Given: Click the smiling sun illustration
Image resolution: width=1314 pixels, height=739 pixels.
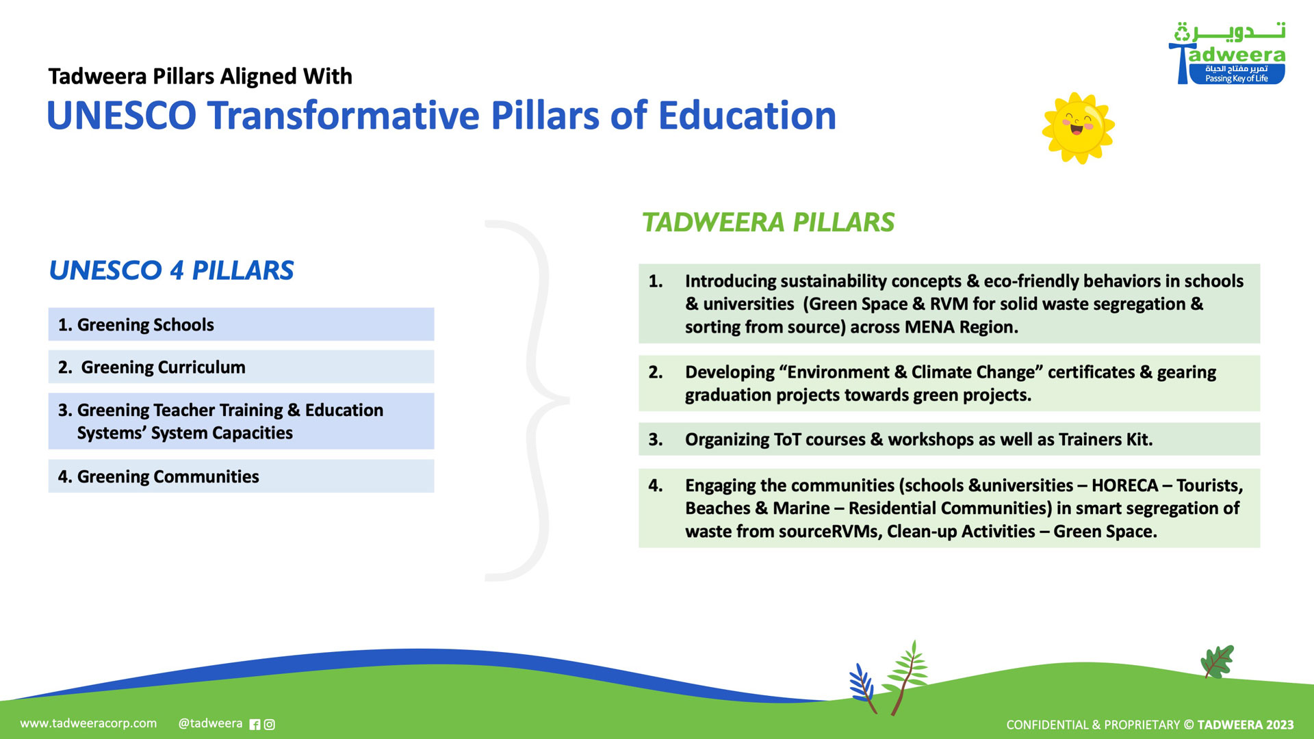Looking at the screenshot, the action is pos(1078,128).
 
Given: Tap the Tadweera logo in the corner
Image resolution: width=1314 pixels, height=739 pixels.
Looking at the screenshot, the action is pos(1227,53).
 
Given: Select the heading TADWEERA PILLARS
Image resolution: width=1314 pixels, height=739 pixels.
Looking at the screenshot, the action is pos(768,222).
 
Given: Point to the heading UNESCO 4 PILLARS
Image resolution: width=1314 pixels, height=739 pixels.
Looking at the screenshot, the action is pos(171,270).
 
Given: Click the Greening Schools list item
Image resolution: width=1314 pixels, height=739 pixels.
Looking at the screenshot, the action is pos(241,324).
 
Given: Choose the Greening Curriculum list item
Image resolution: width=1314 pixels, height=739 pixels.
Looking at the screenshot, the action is pos(241,367).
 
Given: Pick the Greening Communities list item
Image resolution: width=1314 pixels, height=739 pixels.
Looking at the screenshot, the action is pos(241,476).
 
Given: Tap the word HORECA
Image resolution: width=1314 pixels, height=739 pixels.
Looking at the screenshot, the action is pos(1124,485).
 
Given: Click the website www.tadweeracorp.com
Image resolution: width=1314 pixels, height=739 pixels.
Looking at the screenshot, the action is pos(88,723).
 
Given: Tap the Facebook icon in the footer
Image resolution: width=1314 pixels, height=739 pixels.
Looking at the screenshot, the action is pos(255,725).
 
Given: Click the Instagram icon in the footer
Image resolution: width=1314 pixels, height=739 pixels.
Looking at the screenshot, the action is pos(270,725).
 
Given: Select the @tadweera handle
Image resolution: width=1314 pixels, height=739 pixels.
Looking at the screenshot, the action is pos(210,723).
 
